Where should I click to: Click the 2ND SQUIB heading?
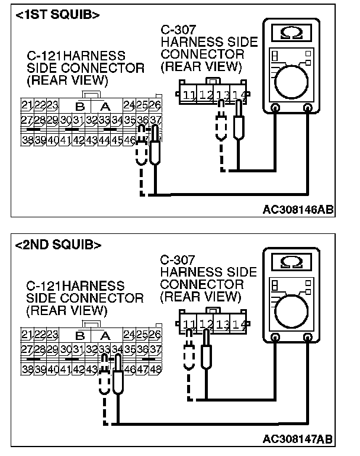(58, 244)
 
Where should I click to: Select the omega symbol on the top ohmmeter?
(291, 32)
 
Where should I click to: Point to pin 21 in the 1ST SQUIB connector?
(26, 105)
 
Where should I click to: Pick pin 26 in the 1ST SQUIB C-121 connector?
(155, 105)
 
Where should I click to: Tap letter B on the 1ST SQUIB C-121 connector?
(79, 107)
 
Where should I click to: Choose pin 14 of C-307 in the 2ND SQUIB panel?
(239, 324)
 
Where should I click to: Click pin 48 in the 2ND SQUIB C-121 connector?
(155, 368)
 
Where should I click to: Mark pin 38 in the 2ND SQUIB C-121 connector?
(26, 368)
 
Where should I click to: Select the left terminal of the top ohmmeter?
(275, 109)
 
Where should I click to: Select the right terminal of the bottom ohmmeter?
(307, 338)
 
